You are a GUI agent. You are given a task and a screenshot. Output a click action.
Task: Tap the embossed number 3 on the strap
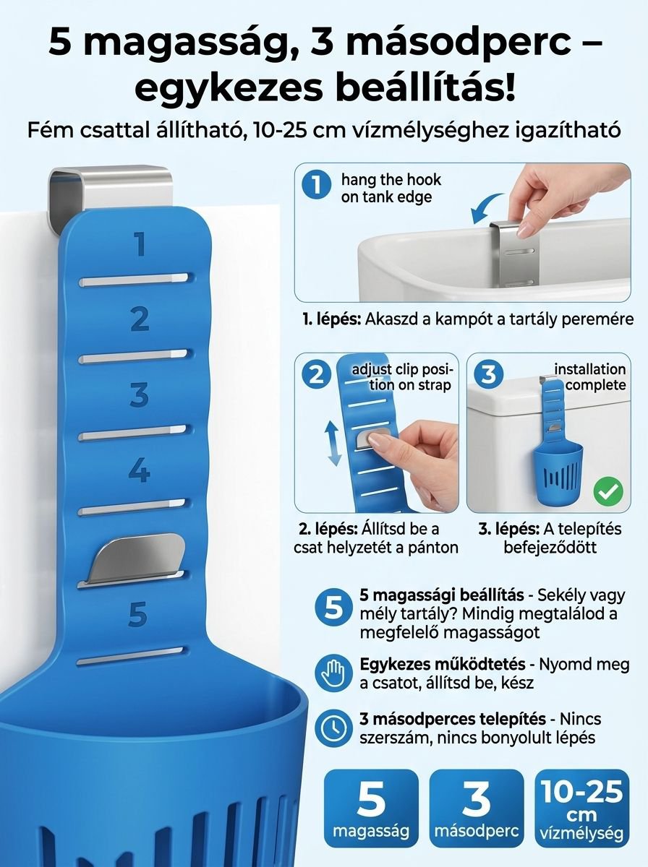139,394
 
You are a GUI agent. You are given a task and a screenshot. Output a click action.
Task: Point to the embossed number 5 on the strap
138,614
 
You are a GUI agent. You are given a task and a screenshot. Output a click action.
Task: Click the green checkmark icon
608,491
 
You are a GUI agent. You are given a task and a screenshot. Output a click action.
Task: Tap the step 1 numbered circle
316,185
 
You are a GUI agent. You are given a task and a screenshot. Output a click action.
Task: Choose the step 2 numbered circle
316,374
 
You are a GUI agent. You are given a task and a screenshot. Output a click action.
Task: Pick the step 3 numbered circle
489,374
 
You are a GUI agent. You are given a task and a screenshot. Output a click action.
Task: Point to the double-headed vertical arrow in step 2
334,443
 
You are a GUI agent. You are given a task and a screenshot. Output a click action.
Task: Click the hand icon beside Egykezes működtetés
333,673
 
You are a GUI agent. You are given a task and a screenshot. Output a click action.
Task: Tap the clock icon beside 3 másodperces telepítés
333,728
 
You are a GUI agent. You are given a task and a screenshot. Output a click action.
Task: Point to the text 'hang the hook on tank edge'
391,188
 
